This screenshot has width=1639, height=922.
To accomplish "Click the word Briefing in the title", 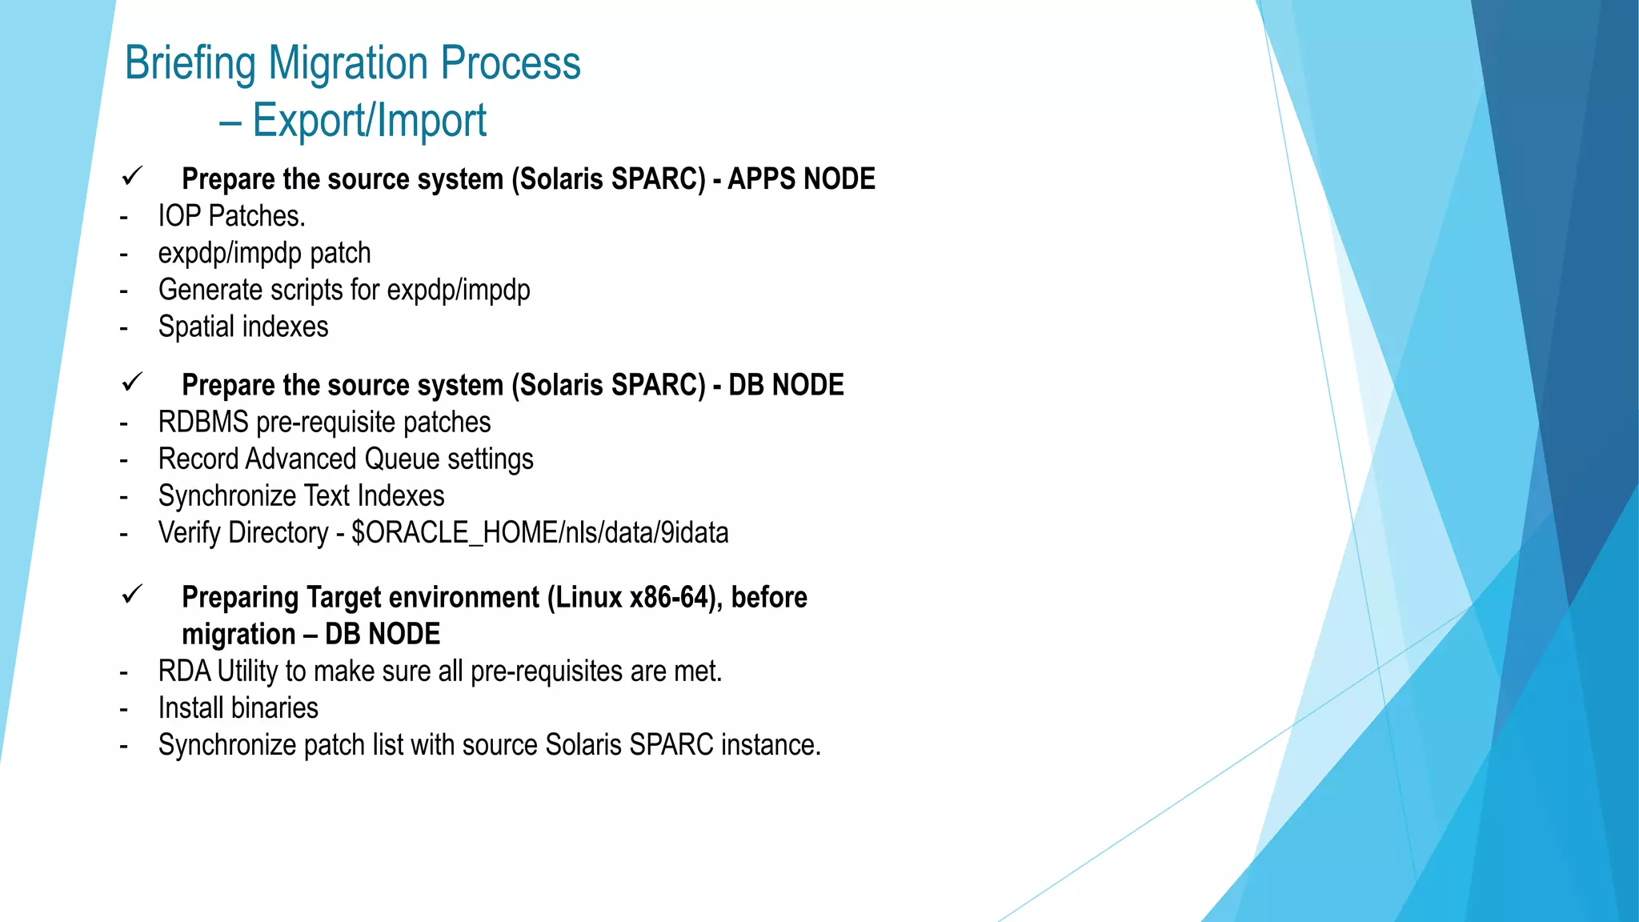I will (190, 64).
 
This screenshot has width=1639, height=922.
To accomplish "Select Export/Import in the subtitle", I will (369, 122).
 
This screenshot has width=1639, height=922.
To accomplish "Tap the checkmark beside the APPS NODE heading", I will (132, 176).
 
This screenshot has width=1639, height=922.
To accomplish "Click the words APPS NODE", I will (801, 179).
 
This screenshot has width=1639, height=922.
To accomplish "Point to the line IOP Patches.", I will (231, 216).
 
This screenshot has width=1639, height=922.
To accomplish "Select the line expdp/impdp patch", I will (264, 254).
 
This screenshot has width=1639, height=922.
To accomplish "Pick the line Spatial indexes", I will (242, 327).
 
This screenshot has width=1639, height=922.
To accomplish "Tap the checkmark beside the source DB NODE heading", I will (132, 383).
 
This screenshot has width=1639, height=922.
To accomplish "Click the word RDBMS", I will (203, 423).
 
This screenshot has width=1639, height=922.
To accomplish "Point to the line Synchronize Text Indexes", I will (301, 496).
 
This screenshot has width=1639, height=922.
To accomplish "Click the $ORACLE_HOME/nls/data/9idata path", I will (539, 533).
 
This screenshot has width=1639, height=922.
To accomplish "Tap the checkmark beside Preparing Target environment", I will (132, 595).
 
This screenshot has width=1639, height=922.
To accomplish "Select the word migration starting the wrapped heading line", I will (238, 635).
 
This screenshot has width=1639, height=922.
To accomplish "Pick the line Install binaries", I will (238, 708).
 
